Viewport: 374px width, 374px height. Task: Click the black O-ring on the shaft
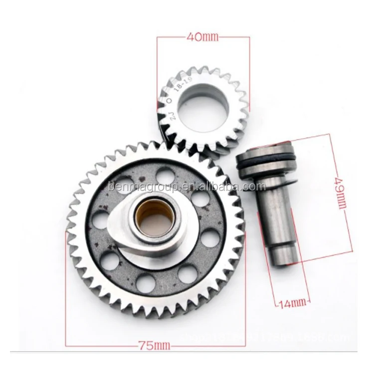[267, 165]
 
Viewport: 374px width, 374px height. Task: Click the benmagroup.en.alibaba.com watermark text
[187, 187]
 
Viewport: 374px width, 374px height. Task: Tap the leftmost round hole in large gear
[100, 219]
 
